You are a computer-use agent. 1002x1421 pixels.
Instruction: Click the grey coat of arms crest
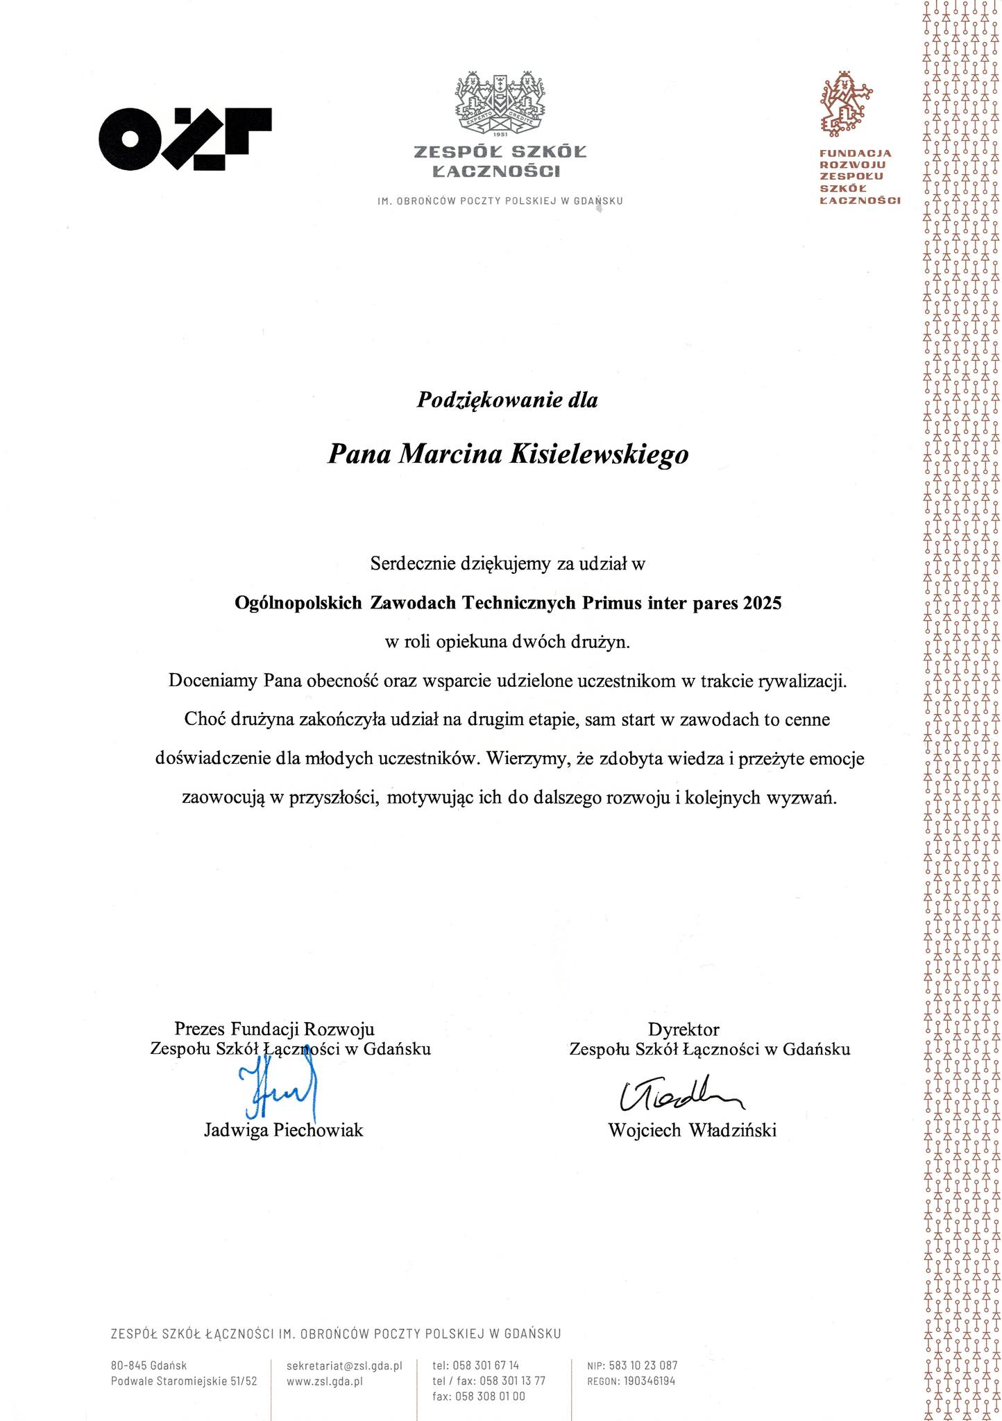click(500, 102)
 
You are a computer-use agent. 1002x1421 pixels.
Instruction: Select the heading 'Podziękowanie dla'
click(507, 400)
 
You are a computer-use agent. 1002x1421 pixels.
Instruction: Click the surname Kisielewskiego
click(600, 454)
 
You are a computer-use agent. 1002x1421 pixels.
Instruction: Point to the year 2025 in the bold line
click(762, 603)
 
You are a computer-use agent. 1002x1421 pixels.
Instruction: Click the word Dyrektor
click(683, 1028)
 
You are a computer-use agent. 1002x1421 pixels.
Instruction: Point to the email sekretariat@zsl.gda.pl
click(344, 1365)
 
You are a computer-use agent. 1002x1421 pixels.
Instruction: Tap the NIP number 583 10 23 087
click(643, 1365)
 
